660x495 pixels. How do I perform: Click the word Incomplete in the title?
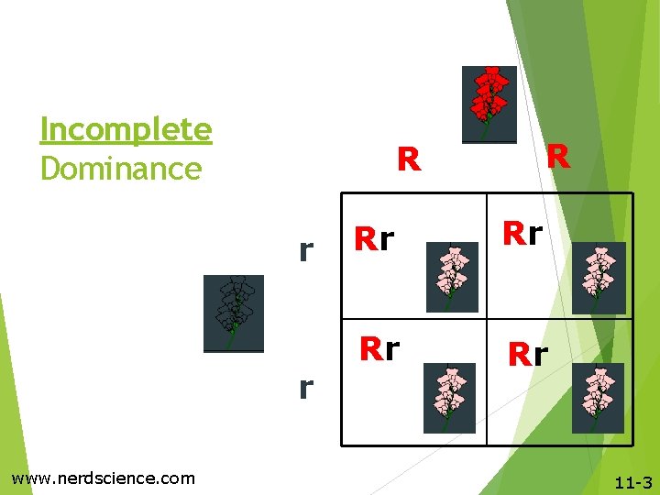coord(126,130)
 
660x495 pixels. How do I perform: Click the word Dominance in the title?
coord(121,169)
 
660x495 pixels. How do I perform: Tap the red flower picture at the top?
coord(489,104)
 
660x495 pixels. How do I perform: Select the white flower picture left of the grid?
coord(234,313)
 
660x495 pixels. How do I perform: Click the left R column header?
coord(409,160)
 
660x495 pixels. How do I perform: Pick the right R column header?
coord(557,158)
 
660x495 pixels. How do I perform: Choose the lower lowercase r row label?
coord(307,388)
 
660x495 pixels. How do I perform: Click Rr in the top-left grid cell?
coord(375,240)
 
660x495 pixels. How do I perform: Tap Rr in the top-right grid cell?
coord(522,234)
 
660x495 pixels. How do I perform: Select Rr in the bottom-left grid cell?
coord(379,349)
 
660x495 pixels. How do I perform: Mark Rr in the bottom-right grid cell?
coord(528,354)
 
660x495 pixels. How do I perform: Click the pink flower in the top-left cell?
coord(452,277)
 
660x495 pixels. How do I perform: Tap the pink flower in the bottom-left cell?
coord(449,398)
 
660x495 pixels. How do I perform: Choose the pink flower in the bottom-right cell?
coord(598,398)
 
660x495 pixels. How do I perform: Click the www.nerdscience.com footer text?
coord(103,478)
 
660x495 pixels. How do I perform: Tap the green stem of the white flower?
coord(232,336)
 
